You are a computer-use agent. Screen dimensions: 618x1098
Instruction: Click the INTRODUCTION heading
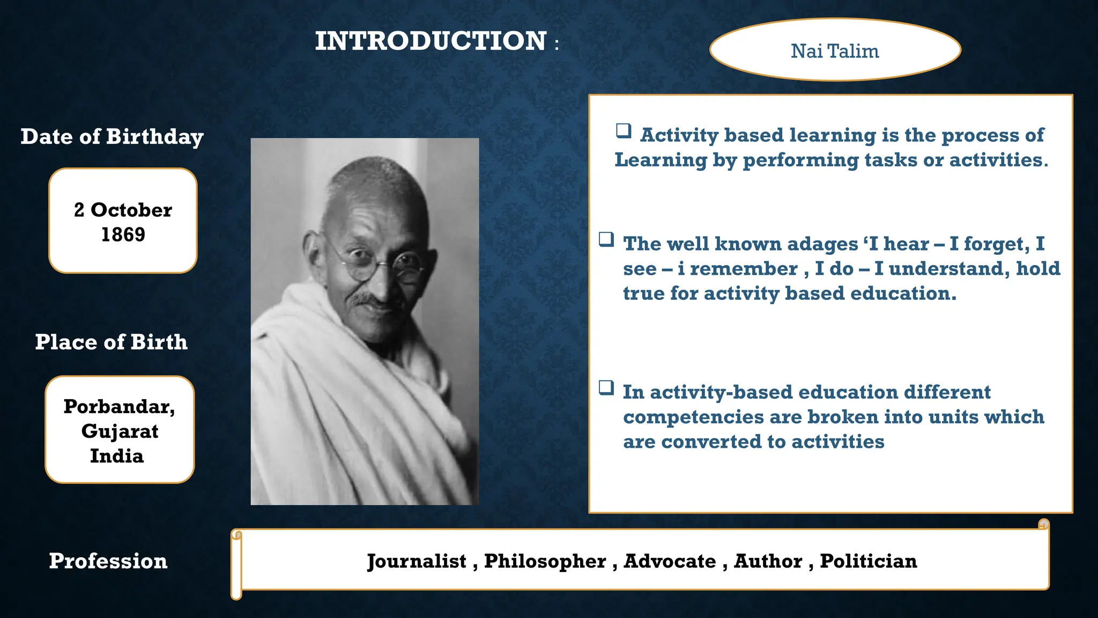[x=431, y=41]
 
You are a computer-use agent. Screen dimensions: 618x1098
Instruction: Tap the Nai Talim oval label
[x=835, y=51]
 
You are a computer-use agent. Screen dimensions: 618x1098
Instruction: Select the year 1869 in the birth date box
[x=123, y=235]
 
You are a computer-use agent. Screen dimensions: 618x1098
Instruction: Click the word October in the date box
[x=131, y=210]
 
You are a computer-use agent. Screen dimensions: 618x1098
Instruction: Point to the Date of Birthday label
[x=112, y=137]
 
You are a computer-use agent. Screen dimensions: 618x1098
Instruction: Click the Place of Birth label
[x=112, y=342]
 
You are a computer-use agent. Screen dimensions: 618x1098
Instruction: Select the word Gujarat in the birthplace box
[x=120, y=431]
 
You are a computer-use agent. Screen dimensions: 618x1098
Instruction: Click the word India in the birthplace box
[x=117, y=456]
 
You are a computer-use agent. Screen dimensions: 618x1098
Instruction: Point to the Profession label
[x=108, y=561]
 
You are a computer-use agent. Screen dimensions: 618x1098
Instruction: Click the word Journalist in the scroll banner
[x=417, y=561]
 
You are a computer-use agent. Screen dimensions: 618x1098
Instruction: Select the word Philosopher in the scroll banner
[x=545, y=561]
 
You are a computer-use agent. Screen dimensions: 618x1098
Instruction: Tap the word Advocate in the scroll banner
[x=670, y=561]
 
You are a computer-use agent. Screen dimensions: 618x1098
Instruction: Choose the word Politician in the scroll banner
[x=869, y=561]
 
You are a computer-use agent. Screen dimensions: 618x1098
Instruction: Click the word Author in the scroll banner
[x=768, y=561]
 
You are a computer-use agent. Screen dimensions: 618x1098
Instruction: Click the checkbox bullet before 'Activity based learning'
[x=623, y=130]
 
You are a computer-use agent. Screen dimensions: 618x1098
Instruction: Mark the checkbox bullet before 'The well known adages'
[x=606, y=239]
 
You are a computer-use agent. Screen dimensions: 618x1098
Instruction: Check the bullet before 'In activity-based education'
[x=606, y=387]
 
